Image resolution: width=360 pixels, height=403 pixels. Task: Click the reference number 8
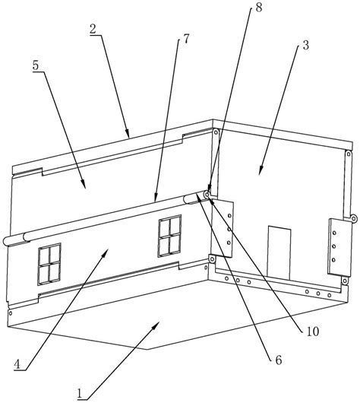click(x=258, y=8)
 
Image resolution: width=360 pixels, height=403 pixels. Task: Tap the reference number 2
click(x=93, y=30)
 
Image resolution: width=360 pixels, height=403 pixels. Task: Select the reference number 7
click(x=186, y=39)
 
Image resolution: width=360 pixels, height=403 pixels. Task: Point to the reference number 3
click(x=305, y=45)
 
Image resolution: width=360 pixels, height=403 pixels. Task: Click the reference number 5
click(x=36, y=65)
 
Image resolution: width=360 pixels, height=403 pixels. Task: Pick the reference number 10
click(x=313, y=332)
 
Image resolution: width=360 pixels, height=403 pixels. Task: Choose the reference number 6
click(x=279, y=360)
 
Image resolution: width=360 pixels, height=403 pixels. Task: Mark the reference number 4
click(x=17, y=365)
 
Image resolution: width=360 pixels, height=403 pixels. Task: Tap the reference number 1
click(x=80, y=393)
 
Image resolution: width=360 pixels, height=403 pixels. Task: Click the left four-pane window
click(x=49, y=264)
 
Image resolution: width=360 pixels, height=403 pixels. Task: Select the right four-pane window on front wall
click(x=169, y=236)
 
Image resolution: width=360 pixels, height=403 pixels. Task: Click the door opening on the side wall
click(x=279, y=253)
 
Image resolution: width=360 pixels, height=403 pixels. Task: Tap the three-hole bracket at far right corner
click(x=339, y=247)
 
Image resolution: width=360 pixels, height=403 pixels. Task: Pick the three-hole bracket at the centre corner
click(x=223, y=228)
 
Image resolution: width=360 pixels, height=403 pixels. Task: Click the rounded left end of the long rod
click(x=5, y=241)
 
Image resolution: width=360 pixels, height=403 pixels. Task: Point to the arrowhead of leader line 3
click(x=260, y=172)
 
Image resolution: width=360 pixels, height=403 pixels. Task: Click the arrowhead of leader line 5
click(x=84, y=185)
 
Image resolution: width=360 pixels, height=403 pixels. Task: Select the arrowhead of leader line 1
click(x=156, y=325)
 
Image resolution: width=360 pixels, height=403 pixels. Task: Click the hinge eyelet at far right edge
click(x=354, y=219)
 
